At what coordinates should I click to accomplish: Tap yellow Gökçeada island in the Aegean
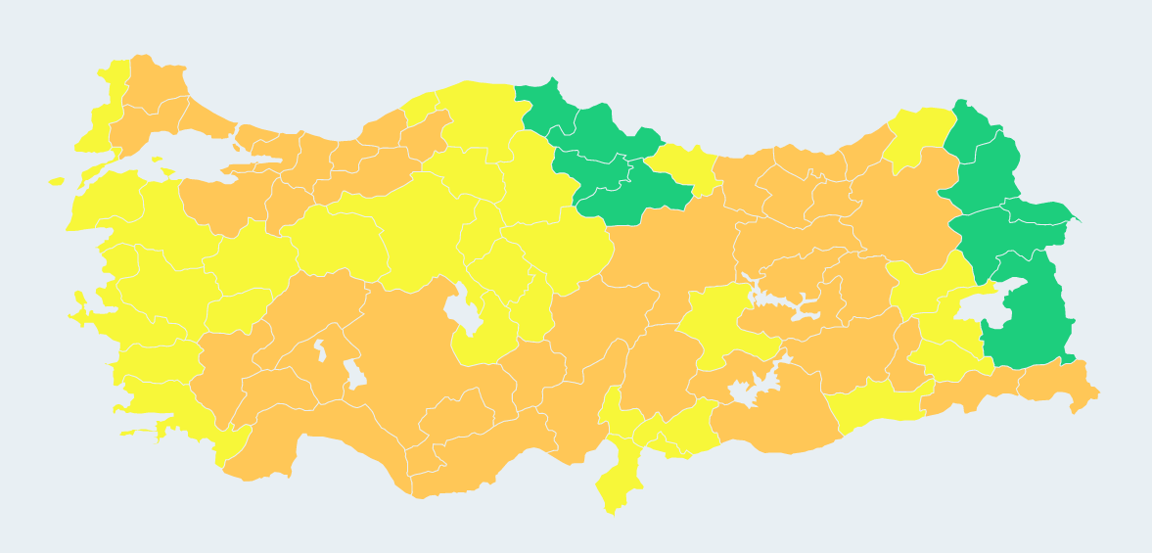point(56,181)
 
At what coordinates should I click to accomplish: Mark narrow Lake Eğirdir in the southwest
point(319,348)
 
